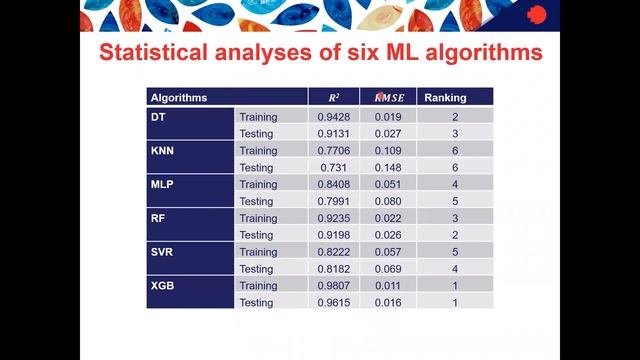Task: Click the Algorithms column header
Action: tap(179, 98)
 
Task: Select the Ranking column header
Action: tap(445, 98)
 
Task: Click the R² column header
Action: tap(334, 98)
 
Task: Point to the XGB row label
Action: tap(162, 286)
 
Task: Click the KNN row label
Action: tap(163, 150)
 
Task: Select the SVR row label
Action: tap(163, 252)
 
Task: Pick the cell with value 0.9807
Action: tap(334, 286)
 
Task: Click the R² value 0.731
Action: tap(334, 167)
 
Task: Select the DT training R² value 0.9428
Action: tap(334, 116)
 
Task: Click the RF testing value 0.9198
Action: tap(334, 235)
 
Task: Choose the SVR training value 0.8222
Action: tap(334, 252)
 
